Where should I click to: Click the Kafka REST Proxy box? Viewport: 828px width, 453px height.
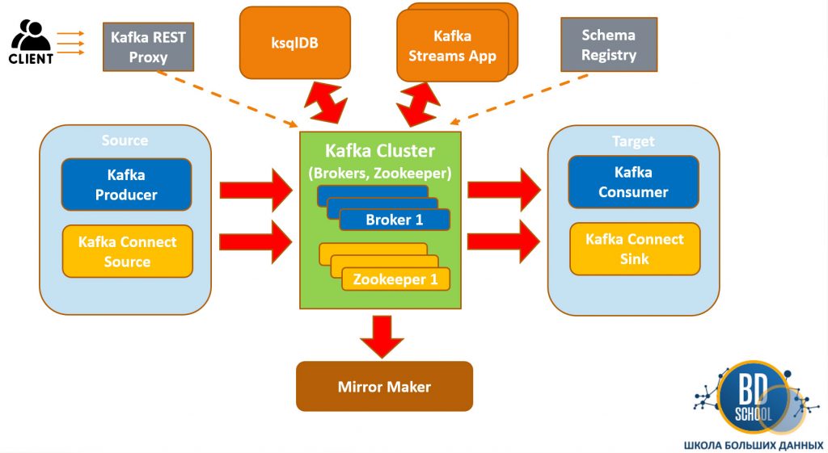(x=148, y=46)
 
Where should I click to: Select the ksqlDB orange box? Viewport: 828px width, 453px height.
(x=294, y=43)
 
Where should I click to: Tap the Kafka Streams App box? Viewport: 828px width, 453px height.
(x=452, y=46)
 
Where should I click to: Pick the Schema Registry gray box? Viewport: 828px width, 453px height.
(x=608, y=45)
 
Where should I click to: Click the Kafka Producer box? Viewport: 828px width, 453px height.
(x=126, y=185)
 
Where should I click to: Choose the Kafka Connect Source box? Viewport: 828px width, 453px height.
(x=127, y=251)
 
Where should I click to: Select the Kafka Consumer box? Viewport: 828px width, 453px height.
(x=632, y=182)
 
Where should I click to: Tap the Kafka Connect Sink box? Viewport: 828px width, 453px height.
(x=634, y=249)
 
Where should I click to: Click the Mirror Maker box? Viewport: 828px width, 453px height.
(x=384, y=387)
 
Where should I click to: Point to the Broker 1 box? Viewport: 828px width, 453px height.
(x=394, y=220)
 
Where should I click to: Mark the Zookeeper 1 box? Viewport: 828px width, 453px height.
(x=395, y=279)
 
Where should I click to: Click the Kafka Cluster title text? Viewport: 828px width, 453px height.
(x=380, y=151)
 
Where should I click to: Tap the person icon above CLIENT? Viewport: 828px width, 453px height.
(x=33, y=35)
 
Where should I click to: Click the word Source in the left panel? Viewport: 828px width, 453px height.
(x=125, y=141)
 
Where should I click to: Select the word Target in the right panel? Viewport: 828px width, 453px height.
(x=633, y=141)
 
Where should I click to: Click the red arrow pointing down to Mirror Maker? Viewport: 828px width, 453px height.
(x=382, y=335)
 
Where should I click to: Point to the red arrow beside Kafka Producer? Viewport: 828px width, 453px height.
(x=256, y=190)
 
